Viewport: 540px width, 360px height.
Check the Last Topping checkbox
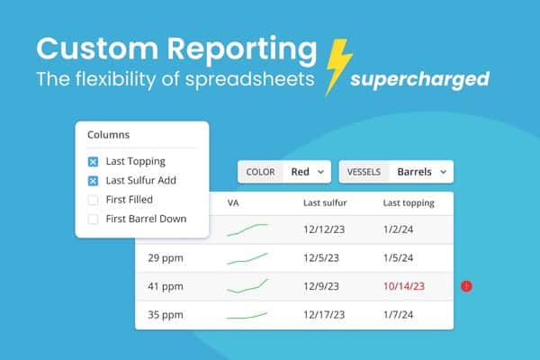tap(93, 162)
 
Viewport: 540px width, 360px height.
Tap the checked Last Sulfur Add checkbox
tap(93, 180)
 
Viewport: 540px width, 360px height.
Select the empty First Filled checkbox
tap(93, 199)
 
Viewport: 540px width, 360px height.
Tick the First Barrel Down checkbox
tap(93, 218)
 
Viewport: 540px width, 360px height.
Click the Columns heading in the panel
tap(108, 135)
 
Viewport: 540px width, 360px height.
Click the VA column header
tap(232, 202)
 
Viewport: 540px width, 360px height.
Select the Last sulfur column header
tap(325, 202)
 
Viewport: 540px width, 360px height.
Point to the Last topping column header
tap(409, 202)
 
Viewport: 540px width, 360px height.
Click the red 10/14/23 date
tap(403, 286)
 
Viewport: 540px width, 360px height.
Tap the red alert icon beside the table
tap(466, 286)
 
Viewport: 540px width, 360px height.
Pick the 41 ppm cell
tap(166, 286)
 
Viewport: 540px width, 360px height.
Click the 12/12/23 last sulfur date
tap(326, 229)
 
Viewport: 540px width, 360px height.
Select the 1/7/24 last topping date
tap(399, 315)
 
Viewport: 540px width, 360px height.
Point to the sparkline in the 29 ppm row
tap(247, 258)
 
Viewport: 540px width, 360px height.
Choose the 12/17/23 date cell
tap(326, 315)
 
